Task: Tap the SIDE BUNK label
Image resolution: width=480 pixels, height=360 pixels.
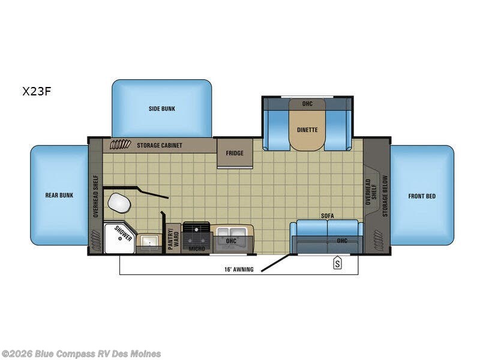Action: point(161,109)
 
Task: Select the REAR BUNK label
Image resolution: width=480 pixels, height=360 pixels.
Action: point(59,195)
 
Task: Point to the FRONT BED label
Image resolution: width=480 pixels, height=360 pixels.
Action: point(422,196)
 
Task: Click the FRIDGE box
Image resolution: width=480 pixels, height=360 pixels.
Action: point(235,153)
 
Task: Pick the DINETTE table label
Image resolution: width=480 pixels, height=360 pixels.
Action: point(307,130)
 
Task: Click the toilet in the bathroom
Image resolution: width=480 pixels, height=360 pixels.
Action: point(119,204)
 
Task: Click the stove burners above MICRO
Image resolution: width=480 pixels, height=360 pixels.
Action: point(196,230)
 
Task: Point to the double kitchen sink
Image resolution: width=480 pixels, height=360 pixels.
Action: point(231,232)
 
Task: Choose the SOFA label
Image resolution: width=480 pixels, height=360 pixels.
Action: point(327,215)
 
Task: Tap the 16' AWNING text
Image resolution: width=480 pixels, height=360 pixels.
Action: point(239,269)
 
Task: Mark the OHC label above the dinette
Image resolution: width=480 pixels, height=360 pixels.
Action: point(307,104)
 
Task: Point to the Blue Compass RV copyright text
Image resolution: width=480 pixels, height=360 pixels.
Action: point(81,353)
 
